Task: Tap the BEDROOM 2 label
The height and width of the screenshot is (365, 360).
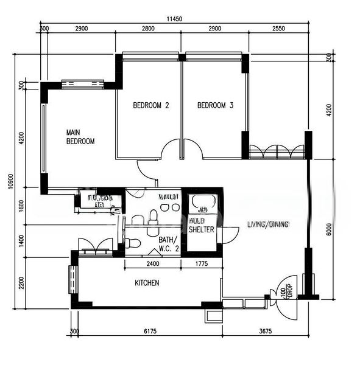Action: [150, 105]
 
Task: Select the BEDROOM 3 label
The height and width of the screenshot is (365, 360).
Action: [216, 105]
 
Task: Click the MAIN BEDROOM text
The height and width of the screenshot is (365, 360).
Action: [80, 137]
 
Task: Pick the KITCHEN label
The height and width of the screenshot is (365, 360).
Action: [147, 283]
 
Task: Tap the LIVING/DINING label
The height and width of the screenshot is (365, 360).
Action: [267, 224]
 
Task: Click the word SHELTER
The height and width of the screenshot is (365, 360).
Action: [200, 229]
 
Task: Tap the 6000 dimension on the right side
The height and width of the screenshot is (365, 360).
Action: [328, 229]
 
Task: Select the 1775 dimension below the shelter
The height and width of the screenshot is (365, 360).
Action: [202, 264]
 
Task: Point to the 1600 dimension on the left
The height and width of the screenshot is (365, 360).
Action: [21, 207]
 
